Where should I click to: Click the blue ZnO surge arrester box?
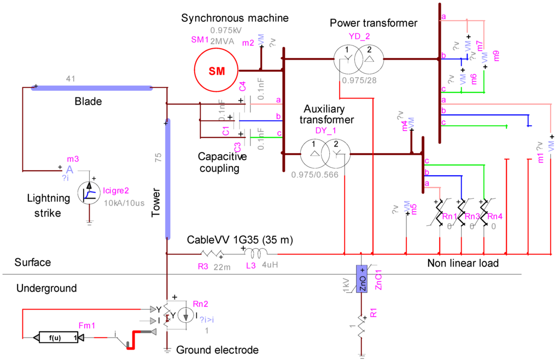pyautogui.click(x=362, y=278)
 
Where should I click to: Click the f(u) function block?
pyautogui.click(x=55, y=338)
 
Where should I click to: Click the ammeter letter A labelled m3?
pyautogui.click(x=69, y=170)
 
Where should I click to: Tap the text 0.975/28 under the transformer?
pyautogui.click(x=357, y=80)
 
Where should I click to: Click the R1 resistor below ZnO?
pyautogui.click(x=361, y=327)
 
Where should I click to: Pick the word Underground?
pyautogui.click(x=46, y=288)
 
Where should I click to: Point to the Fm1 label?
pyautogui.click(x=87, y=325)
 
